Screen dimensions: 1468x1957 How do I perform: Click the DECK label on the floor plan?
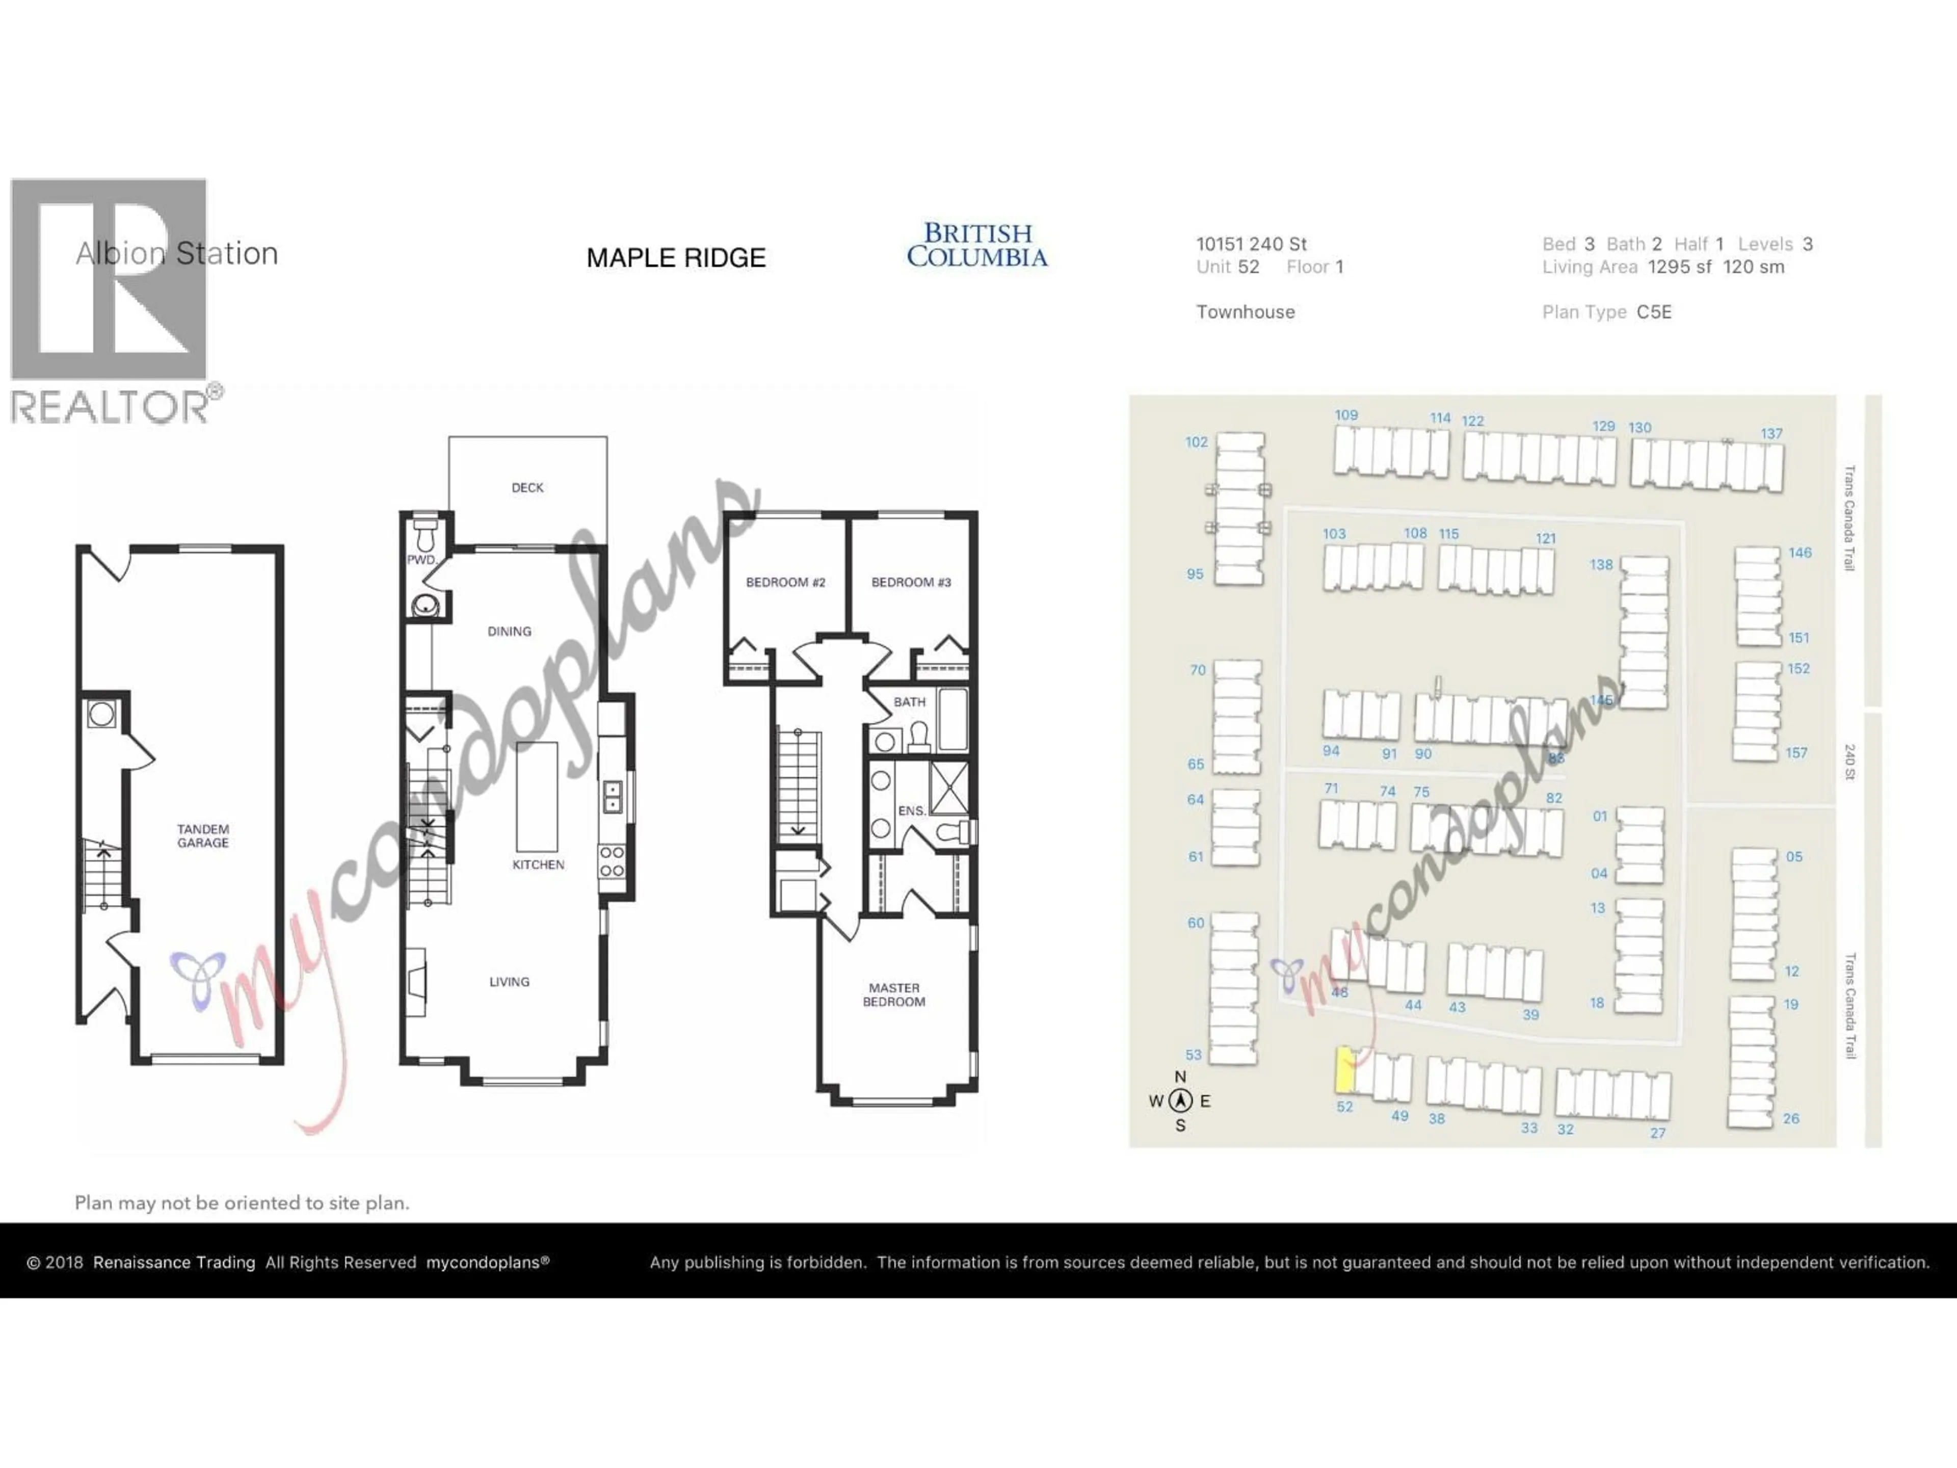click(x=527, y=488)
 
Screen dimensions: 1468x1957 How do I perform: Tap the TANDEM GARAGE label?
click(x=203, y=836)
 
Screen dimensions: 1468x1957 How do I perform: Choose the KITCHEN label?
click(x=538, y=864)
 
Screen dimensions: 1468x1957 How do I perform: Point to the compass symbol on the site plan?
click(x=1180, y=1101)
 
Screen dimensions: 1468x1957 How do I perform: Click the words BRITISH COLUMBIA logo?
click(x=977, y=245)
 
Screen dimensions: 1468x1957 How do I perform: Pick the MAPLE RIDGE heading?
click(x=676, y=257)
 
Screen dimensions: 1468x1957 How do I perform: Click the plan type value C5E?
click(x=1654, y=311)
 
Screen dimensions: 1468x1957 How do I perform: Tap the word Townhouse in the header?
click(x=1245, y=311)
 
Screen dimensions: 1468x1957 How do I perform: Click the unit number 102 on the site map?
click(x=1196, y=441)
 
